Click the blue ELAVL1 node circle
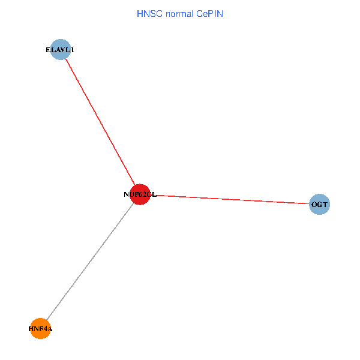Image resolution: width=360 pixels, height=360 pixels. tap(61, 50)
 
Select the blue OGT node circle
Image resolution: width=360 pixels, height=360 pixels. tap(319, 205)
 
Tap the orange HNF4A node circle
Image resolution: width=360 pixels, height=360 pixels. tap(40, 329)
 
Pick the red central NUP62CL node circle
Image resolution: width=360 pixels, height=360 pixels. tap(140, 194)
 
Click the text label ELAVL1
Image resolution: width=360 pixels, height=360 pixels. tap(60, 50)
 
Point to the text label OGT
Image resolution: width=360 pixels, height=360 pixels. tap(319, 205)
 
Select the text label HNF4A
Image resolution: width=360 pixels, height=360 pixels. tap(40, 329)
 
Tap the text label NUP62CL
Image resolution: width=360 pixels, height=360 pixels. tap(140, 194)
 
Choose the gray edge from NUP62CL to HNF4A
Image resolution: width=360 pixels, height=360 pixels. tap(90, 262)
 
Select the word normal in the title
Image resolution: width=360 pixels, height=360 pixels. tap(178, 13)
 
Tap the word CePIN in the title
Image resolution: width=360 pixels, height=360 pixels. tap(209, 13)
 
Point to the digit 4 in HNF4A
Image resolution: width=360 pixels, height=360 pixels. tap(43, 329)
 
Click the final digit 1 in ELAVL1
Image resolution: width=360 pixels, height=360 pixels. tap(72, 50)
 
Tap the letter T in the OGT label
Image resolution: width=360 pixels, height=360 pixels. tap(325, 205)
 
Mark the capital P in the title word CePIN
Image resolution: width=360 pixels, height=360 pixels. tap(211, 13)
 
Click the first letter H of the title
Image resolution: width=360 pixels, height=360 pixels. tap(140, 13)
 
